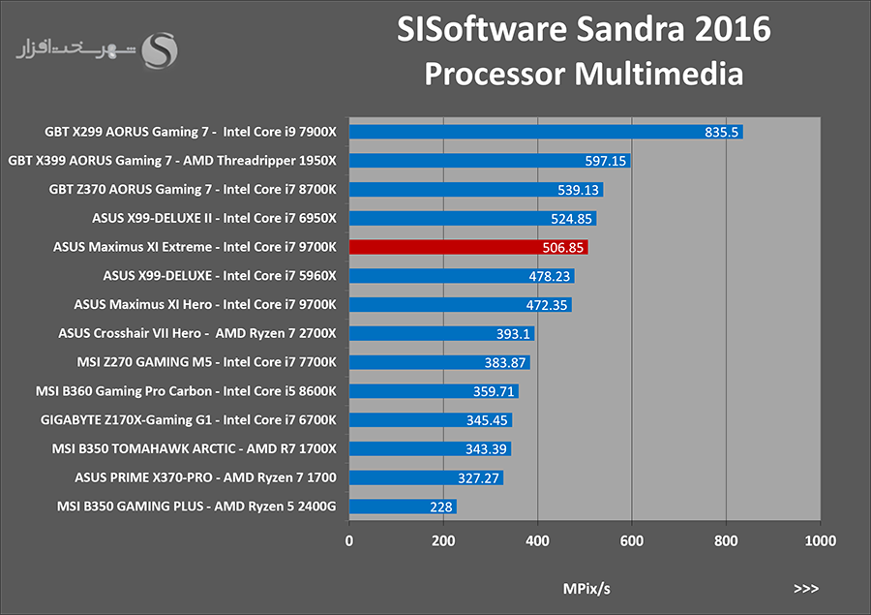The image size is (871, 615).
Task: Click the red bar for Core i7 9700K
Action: click(x=468, y=247)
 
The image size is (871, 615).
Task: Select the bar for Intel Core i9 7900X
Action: click(x=546, y=132)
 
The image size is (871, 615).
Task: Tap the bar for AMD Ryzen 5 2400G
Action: click(x=403, y=507)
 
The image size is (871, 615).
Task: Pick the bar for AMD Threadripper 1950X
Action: click(x=490, y=161)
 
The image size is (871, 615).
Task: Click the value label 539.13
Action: click(x=578, y=190)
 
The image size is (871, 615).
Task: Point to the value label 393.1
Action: click(x=513, y=333)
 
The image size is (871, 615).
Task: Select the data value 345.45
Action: click(x=487, y=420)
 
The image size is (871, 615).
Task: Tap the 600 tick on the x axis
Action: click(x=632, y=540)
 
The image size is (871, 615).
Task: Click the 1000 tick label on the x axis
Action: click(x=820, y=540)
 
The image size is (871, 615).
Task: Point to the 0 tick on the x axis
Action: click(x=348, y=540)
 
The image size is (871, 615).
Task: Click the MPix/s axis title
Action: click(x=586, y=589)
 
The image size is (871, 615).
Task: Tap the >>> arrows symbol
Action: click(x=806, y=588)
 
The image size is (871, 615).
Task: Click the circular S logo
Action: click(x=160, y=50)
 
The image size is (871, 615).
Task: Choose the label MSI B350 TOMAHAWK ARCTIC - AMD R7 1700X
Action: click(x=194, y=448)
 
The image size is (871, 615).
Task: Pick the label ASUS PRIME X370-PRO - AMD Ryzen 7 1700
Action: click(x=205, y=477)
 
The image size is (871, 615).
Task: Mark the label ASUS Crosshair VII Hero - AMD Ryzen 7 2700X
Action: click(x=197, y=333)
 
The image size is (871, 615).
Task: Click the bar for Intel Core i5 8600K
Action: click(x=434, y=391)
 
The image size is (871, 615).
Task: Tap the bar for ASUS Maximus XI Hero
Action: click(x=460, y=305)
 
